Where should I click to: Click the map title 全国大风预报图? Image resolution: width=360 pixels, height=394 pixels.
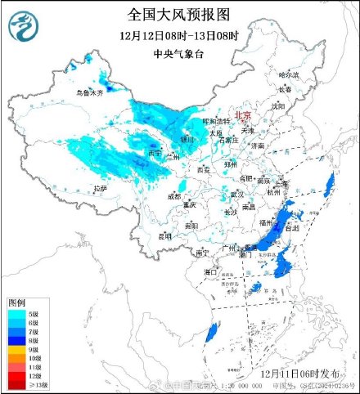click(179, 14)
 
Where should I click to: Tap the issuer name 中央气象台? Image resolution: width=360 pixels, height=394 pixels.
click(179, 53)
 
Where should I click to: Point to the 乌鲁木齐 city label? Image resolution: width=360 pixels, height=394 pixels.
click(90, 94)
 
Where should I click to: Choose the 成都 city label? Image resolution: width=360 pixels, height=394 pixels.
click(175, 196)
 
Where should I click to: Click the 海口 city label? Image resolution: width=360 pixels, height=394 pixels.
click(210, 271)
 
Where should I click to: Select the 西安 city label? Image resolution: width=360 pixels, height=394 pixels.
click(193, 170)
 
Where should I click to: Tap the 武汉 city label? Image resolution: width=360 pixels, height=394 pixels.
click(238, 194)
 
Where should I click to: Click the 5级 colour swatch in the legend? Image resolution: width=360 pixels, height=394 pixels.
click(16, 313)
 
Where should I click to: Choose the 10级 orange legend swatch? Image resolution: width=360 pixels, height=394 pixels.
click(16, 358)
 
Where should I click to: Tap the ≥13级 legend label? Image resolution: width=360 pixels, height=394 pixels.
click(37, 384)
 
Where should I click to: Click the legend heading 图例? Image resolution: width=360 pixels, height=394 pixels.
click(17, 302)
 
